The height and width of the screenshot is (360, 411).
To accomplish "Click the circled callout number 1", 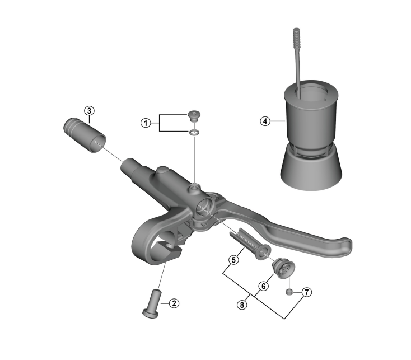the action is tap(146, 123).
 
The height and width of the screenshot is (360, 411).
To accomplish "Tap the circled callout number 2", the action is tap(174, 303).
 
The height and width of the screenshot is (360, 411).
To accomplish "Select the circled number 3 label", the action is tap(89, 111).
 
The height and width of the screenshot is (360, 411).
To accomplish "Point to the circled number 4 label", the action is tap(265, 121).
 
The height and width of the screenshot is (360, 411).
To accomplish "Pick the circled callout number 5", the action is tap(234, 260).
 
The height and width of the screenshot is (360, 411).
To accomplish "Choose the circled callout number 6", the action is tap(264, 286).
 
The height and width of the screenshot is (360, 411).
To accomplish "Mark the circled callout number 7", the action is tap(307, 292).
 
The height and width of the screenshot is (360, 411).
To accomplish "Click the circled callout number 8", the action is tap(242, 305).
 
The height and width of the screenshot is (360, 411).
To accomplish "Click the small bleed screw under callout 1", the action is tap(194, 116).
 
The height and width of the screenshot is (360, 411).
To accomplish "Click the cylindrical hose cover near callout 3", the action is tap(85, 135).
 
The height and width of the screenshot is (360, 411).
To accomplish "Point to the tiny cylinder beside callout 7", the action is tap(289, 292).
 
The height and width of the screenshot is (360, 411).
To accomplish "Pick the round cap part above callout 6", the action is tap(283, 268).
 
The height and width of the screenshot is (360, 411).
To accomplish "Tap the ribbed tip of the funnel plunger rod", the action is tap(296, 36).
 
